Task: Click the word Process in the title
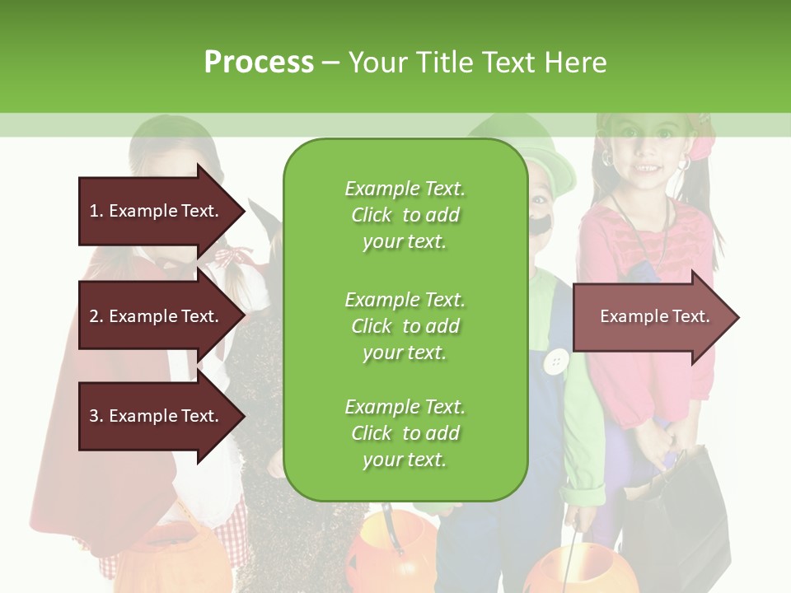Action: point(259,63)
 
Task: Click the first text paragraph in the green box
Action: point(405,215)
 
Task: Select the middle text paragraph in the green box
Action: point(405,325)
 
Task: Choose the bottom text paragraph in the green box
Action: point(405,433)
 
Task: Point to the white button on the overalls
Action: point(558,360)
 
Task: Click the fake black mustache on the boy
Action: point(541,223)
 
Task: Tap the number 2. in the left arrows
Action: point(96,316)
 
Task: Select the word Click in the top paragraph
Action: point(372,215)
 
